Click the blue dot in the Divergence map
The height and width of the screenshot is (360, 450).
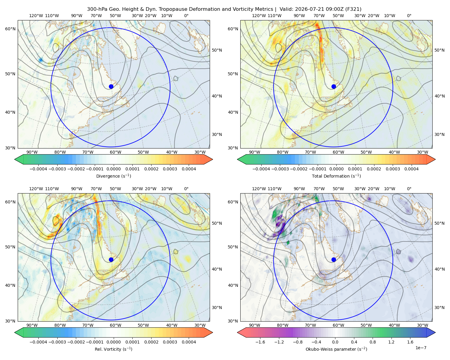pos(111,87)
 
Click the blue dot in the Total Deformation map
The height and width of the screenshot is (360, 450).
pos(334,87)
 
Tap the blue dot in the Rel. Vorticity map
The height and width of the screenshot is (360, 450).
pos(111,259)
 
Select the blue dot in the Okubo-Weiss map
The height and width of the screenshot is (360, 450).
pos(334,259)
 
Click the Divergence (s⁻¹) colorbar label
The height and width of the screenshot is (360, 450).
pos(113,176)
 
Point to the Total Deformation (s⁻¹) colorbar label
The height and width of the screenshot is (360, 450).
pos(336,176)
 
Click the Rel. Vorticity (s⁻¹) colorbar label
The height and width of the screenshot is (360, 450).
pos(113,349)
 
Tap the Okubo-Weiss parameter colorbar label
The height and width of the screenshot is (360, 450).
pos(336,349)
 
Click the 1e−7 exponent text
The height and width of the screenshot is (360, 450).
pos(421,348)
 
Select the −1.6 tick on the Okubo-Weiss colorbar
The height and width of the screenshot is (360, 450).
pos(260,342)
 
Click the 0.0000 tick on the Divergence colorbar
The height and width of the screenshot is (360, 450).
pos(113,169)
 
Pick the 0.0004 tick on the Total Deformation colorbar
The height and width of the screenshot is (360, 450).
pos(412,169)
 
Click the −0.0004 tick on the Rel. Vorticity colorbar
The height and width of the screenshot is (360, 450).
pos(38,342)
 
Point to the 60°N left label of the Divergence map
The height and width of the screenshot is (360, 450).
pos(10,29)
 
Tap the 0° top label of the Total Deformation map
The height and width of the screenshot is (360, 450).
pos(409,16)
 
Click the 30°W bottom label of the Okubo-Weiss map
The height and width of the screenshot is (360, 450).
pos(423,325)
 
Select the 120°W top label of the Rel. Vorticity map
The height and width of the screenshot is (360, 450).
pos(36,189)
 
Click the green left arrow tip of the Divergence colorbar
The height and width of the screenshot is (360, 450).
pos(15,159)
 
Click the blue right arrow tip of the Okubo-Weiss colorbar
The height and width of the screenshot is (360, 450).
pos(435,332)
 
